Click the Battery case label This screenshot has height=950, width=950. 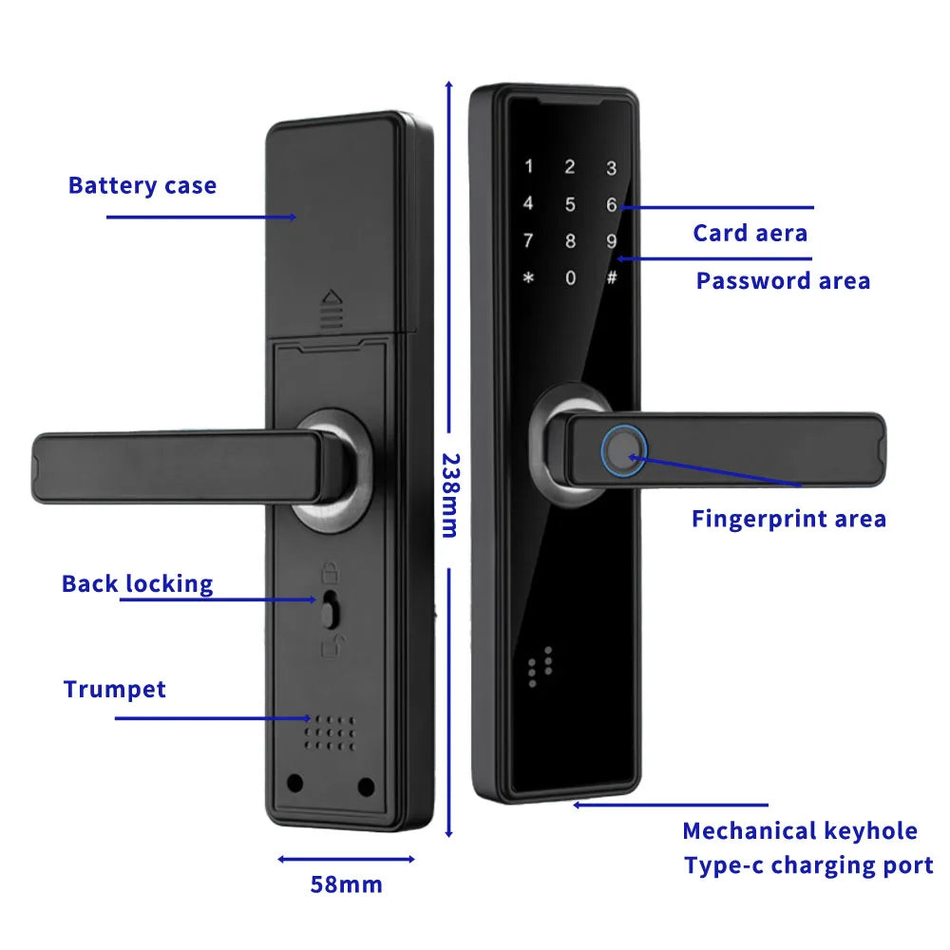point(142,185)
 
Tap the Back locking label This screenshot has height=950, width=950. point(138,583)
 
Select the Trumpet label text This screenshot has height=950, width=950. point(115,689)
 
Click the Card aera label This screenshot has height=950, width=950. point(750,233)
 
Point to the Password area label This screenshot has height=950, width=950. point(783,280)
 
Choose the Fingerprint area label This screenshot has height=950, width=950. point(788,519)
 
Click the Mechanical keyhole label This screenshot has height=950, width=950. point(800,831)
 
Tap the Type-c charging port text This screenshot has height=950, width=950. point(808,865)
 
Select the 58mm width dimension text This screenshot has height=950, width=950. point(346,884)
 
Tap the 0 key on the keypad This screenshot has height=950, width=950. point(570,278)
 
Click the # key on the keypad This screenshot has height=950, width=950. point(612,278)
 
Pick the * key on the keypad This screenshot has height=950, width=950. point(528,278)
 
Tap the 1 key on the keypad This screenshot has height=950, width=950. point(528,167)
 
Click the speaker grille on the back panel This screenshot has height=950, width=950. point(331,733)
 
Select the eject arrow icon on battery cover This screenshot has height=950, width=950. point(332,308)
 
